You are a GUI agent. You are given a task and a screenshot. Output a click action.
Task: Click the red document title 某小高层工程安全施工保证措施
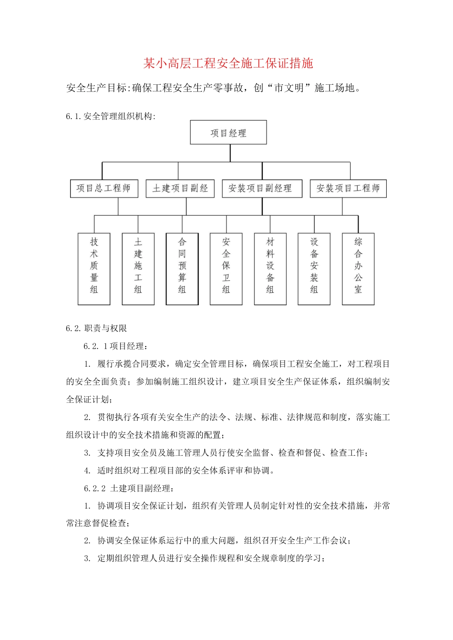click(228, 63)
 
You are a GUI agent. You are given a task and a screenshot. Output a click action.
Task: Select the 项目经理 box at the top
click(228, 132)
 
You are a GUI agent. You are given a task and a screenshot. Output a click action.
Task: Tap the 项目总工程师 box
click(104, 189)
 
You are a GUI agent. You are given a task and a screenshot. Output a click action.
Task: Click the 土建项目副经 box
click(180, 189)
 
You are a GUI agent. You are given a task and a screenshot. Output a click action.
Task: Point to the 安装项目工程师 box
click(348, 189)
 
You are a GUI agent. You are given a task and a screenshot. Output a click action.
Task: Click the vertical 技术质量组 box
click(94, 269)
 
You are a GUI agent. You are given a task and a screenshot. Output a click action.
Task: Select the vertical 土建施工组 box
click(138, 269)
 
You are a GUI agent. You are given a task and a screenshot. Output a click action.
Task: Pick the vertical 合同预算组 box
click(182, 269)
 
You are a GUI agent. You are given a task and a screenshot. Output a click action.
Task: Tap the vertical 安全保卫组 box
click(226, 269)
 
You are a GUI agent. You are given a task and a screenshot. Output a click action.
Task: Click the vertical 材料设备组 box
click(270, 269)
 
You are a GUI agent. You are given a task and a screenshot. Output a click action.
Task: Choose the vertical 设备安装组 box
click(314, 269)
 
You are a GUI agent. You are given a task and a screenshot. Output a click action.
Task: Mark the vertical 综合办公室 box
click(358, 269)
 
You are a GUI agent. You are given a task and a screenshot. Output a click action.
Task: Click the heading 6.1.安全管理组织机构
click(111, 116)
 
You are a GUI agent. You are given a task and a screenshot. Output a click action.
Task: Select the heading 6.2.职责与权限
click(96, 329)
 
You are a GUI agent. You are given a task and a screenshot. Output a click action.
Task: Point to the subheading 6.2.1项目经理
click(115, 346)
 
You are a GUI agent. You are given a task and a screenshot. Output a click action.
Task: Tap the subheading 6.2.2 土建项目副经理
click(129, 488)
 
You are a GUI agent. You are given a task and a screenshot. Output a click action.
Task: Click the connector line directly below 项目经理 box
click(230, 153)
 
